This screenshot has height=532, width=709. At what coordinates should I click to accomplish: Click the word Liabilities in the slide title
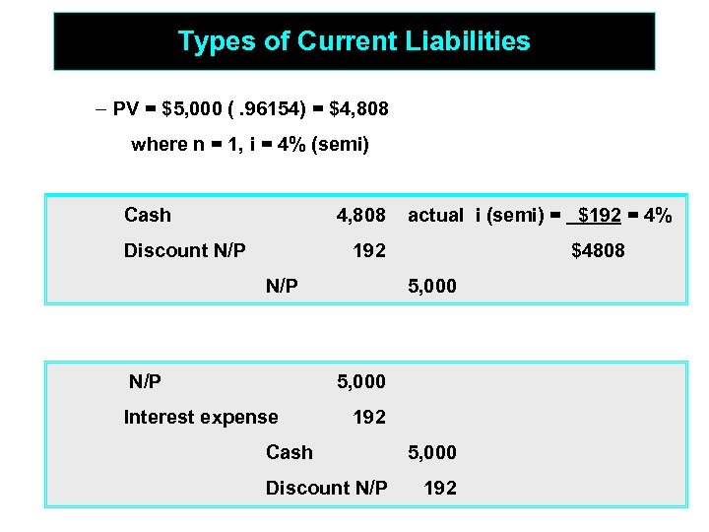[x=468, y=41]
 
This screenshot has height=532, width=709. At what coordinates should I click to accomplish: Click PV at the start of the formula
[x=126, y=108]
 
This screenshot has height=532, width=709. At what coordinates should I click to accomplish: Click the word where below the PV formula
[x=159, y=145]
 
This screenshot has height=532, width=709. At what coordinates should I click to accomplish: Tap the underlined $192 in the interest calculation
[x=598, y=215]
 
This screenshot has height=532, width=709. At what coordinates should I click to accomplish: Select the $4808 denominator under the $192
[x=598, y=250]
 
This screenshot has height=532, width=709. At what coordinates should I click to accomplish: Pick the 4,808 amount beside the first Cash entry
[x=360, y=215]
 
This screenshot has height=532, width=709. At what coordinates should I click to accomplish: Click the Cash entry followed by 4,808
[x=148, y=215]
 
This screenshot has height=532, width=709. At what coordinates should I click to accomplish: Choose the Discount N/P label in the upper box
[x=184, y=250]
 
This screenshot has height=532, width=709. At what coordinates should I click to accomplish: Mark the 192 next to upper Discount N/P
[x=369, y=250]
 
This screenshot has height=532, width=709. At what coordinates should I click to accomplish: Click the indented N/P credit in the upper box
[x=283, y=287]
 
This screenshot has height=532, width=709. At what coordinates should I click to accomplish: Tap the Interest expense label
[x=201, y=417]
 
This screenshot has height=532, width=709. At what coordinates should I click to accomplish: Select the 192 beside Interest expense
[x=369, y=417]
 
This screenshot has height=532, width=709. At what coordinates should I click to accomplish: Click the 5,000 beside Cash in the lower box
[x=432, y=452]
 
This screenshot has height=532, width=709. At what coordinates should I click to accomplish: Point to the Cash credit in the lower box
[x=290, y=452]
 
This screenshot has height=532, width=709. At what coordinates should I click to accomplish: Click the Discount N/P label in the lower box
[x=326, y=488]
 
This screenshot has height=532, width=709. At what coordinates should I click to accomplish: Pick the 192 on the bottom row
[x=440, y=488]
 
